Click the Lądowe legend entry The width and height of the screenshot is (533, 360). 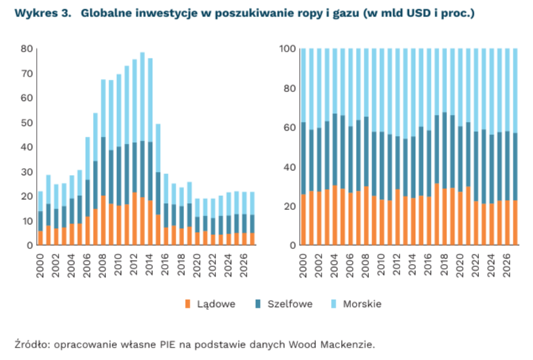(x=210, y=304)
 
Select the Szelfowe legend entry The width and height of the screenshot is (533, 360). (x=283, y=304)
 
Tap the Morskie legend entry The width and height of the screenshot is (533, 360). (x=356, y=304)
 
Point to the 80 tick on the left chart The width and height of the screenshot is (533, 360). (x=27, y=48)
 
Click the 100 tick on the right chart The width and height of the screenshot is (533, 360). (x=288, y=48)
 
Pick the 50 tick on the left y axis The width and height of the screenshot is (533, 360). (x=27, y=123)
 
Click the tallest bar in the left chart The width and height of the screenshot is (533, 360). (x=143, y=148)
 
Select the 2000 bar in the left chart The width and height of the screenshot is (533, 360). (x=41, y=218)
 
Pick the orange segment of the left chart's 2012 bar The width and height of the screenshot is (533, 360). (x=134, y=219)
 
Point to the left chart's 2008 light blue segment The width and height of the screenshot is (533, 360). (x=103, y=109)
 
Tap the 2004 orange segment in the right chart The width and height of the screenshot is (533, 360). (x=335, y=215)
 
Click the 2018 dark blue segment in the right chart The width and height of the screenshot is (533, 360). (x=445, y=151)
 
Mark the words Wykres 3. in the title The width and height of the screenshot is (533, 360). (x=43, y=13)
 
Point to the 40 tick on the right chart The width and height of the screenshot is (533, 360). (x=290, y=167)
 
